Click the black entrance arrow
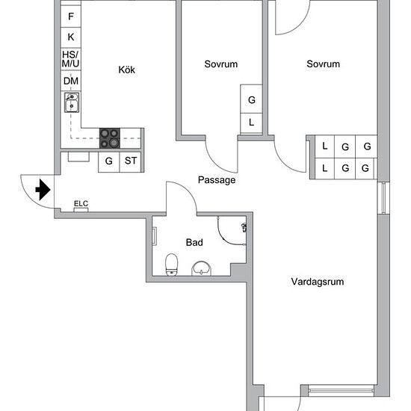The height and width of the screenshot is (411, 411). [x=43, y=190]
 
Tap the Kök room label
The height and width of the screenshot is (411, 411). [x=126, y=69]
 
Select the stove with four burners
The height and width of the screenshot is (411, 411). [x=110, y=138]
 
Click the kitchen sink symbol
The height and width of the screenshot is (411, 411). [x=72, y=102]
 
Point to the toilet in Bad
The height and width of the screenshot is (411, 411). [x=171, y=265]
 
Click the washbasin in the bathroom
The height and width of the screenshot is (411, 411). [x=201, y=268]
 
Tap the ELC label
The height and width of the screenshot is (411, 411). [x=81, y=203]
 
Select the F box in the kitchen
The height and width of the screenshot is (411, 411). [x=70, y=16]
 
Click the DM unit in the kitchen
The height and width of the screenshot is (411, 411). [x=70, y=81]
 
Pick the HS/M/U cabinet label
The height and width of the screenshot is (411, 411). [x=70, y=59]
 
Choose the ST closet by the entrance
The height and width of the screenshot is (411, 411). [x=130, y=161]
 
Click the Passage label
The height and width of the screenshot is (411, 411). [x=217, y=180]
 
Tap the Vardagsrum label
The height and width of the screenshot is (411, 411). [x=318, y=282]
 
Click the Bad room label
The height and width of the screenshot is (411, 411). [x=194, y=242]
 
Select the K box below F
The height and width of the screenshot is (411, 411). [x=70, y=37]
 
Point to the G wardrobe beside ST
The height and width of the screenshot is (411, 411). [x=108, y=161]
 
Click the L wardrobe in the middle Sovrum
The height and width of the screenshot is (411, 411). [x=251, y=123]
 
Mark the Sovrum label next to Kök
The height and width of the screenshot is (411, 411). [x=221, y=64]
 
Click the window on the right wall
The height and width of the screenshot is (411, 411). [x=383, y=198]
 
